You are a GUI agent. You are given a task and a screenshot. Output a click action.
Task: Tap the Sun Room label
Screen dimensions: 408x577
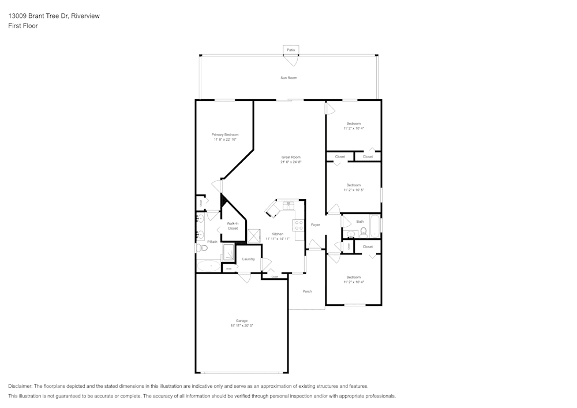tap(288, 78)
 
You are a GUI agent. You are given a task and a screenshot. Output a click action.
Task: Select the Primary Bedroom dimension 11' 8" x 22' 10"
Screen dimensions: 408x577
tap(225, 140)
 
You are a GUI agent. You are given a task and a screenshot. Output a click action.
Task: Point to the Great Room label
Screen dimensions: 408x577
tap(291, 157)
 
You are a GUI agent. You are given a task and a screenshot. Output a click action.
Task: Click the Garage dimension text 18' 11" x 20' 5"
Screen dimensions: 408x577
tap(241, 325)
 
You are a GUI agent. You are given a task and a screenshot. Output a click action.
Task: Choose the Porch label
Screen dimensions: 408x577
tap(307, 291)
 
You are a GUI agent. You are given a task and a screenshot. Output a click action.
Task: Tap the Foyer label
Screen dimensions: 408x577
tap(316, 224)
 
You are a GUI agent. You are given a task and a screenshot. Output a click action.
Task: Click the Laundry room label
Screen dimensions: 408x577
tap(249, 259)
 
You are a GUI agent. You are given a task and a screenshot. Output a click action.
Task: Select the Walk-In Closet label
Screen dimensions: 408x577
tap(233, 226)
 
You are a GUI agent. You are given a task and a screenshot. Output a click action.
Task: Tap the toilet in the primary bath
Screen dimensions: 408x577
tap(201, 248)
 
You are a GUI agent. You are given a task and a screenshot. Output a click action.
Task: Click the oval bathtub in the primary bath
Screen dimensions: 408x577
tap(208, 266)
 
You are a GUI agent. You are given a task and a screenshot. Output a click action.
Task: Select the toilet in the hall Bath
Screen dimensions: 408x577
tap(364, 232)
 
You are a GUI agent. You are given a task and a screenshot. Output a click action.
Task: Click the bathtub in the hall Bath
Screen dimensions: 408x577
tap(375, 226)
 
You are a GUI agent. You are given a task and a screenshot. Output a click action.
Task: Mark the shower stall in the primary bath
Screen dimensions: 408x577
tap(228, 253)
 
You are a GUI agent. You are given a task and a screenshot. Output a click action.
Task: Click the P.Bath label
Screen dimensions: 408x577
tap(212, 242)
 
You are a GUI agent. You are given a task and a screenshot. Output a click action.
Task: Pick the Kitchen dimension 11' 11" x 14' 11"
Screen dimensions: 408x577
tap(277, 238)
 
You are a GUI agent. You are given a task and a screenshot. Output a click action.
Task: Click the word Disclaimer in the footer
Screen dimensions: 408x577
tap(20, 386)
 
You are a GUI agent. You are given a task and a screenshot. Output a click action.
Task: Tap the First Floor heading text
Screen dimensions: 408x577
tap(23, 26)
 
